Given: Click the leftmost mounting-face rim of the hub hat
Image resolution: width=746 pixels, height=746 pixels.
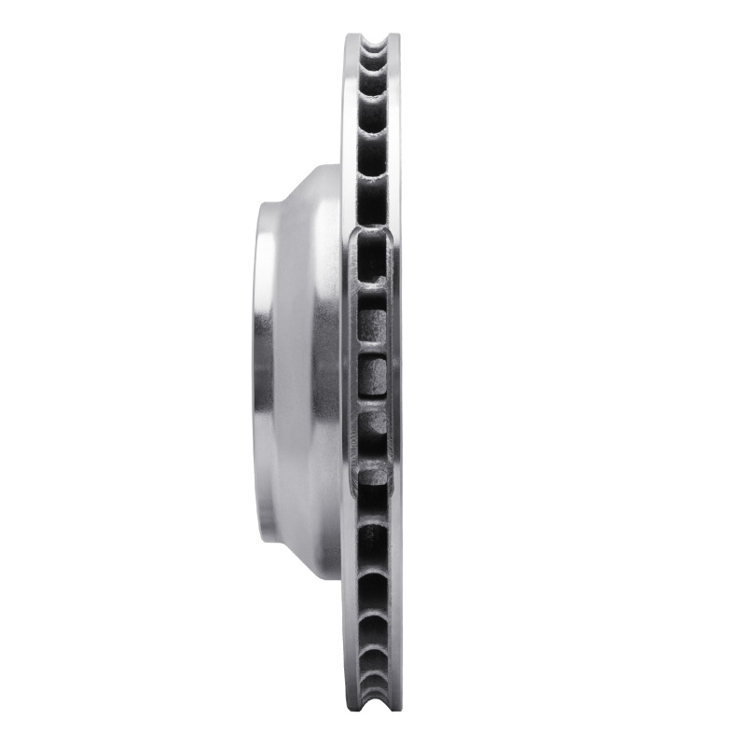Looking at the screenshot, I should [x=262, y=373].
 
